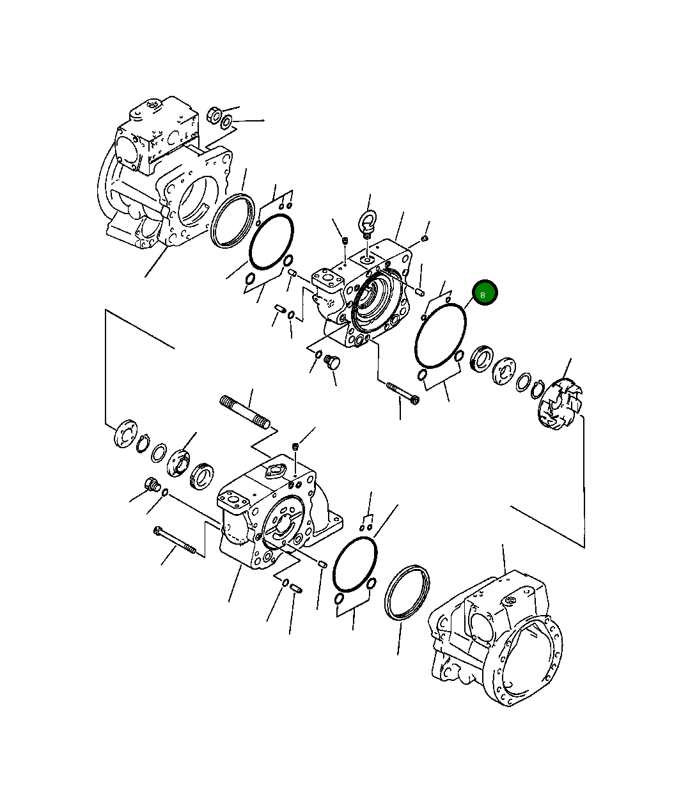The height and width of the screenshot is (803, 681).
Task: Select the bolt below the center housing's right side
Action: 403,393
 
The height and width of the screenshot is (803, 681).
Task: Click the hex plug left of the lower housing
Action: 153,484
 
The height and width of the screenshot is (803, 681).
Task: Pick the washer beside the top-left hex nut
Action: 228,121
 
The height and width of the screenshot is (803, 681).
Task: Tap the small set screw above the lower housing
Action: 295,446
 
